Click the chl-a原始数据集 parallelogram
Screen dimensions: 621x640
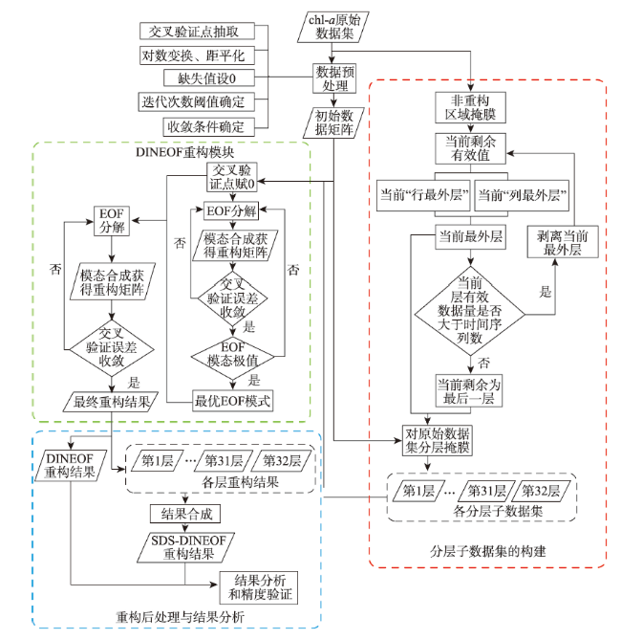(x=333, y=27)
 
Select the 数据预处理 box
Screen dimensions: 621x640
(x=334, y=78)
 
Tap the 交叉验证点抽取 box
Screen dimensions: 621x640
(x=197, y=32)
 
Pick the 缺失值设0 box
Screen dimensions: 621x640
(x=209, y=77)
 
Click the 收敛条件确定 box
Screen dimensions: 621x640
(x=209, y=127)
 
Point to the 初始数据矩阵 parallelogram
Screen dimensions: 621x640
(x=333, y=122)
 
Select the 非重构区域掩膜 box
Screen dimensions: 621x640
(x=471, y=108)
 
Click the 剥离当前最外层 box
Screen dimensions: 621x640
(x=563, y=242)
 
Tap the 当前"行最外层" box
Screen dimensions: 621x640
(x=423, y=195)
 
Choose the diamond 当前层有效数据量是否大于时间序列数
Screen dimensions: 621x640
(x=470, y=311)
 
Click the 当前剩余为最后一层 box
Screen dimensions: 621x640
(x=468, y=391)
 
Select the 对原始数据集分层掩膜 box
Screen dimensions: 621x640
(x=438, y=441)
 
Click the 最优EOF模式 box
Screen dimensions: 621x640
(x=232, y=401)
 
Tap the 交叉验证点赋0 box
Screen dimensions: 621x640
(x=232, y=177)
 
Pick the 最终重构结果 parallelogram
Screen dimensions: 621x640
(x=111, y=402)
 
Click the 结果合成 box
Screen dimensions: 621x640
(x=185, y=514)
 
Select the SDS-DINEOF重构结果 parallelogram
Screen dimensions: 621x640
(x=186, y=547)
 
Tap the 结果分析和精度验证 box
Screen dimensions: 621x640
(x=259, y=587)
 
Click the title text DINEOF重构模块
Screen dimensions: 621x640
(x=184, y=152)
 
